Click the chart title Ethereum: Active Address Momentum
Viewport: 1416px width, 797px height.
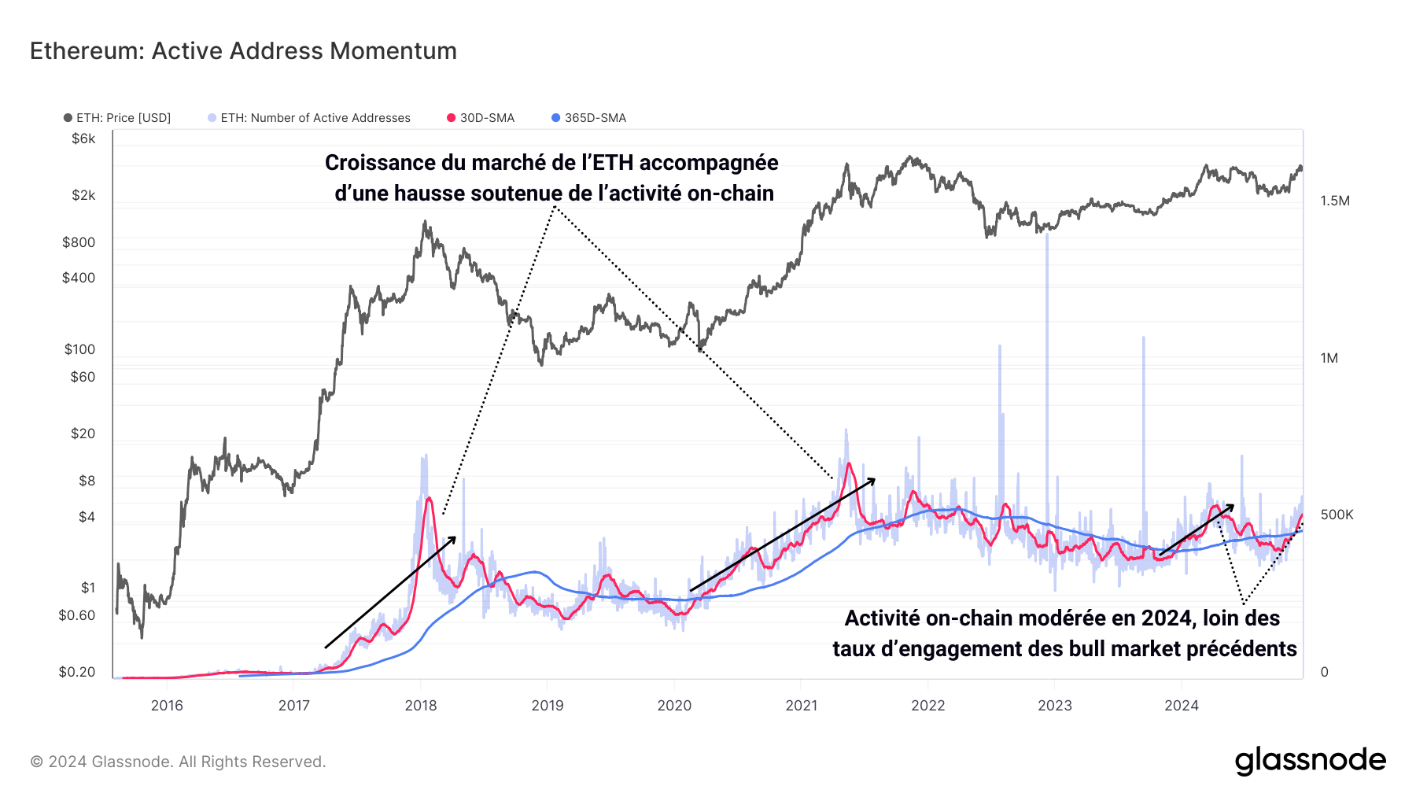click(x=243, y=51)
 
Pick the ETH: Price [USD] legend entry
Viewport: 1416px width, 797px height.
click(x=117, y=118)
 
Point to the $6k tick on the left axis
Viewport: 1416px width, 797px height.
click(x=83, y=139)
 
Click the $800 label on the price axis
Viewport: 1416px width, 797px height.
click(x=79, y=242)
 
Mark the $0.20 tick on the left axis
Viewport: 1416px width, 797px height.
click(x=77, y=672)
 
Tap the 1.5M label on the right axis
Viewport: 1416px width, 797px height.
click(x=1335, y=201)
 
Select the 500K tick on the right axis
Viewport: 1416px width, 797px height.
click(x=1337, y=515)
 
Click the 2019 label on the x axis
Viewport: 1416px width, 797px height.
click(x=548, y=706)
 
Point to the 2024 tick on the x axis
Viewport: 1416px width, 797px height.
click(x=1182, y=706)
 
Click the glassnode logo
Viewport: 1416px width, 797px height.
click(x=1310, y=761)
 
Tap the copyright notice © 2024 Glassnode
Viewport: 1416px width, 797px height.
click(x=178, y=762)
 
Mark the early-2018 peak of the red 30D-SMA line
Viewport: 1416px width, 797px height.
click(x=429, y=498)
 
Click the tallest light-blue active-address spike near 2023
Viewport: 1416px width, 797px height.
click(x=1047, y=236)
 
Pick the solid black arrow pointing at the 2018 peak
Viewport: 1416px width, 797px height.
click(x=391, y=592)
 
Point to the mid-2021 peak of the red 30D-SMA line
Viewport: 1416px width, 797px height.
click(x=849, y=464)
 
